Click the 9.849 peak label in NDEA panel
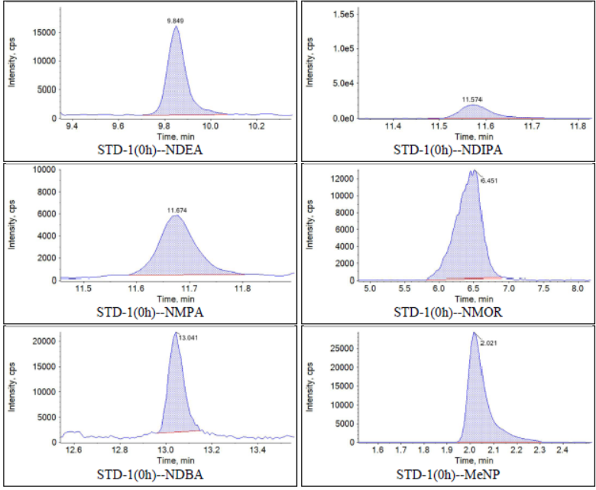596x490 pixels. click(177, 20)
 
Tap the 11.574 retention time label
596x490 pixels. click(473, 99)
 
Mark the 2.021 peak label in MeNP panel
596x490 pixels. click(488, 342)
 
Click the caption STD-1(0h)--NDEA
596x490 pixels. click(148, 149)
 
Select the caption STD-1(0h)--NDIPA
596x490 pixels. click(447, 149)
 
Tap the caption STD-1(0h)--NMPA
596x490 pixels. click(148, 312)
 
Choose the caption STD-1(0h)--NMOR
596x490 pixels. click(447, 312)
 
